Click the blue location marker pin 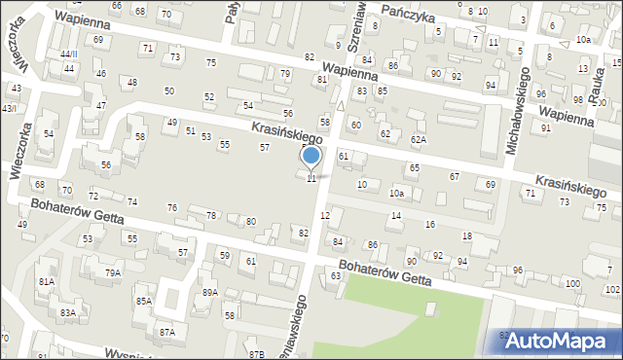pos(311,157)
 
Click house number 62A pos(418,140)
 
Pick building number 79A pos(113,272)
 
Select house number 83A pos(67,312)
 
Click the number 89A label pos(209,292)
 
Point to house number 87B pos(256,353)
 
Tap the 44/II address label pos(68,54)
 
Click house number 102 pos(612,290)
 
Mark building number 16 pos(429,225)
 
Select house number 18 pos(466,236)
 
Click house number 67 pos(454,176)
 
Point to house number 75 pos(211,63)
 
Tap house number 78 pos(211,215)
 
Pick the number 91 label pos(546,127)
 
